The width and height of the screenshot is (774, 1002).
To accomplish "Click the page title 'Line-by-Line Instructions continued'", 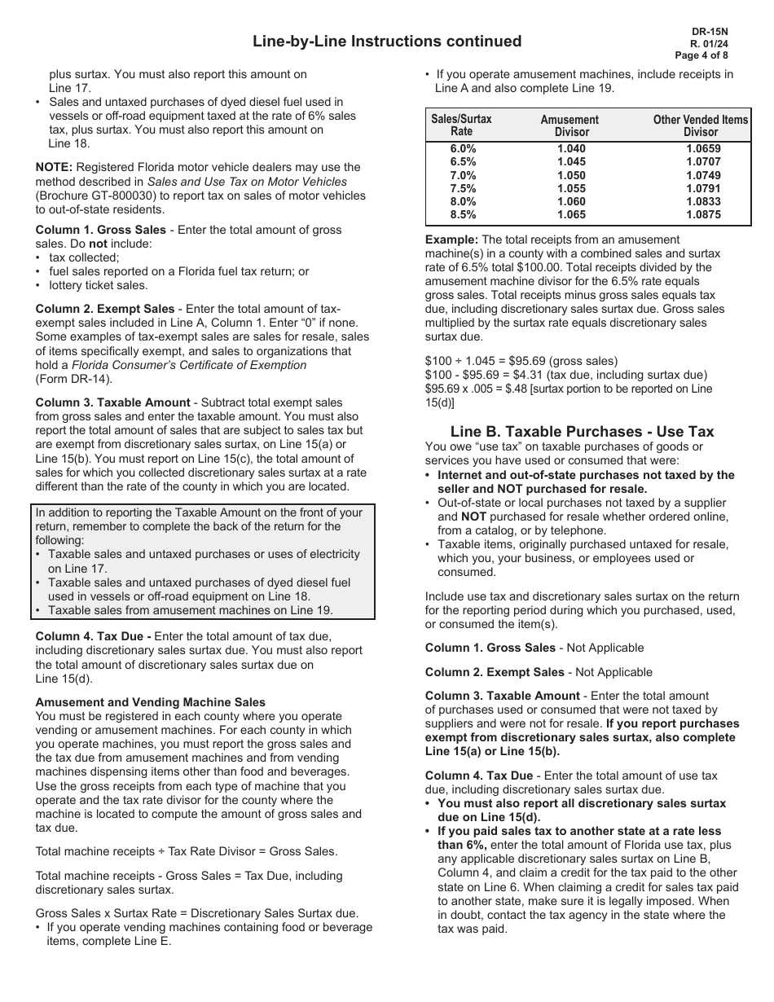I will click(387, 42).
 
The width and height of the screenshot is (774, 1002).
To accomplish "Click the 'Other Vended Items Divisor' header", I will click(700, 125).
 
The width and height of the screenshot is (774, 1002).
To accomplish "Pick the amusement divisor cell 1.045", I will click(571, 162).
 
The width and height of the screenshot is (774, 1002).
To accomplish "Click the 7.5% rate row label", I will click(462, 188).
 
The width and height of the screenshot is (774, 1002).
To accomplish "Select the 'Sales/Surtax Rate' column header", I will click(461, 125).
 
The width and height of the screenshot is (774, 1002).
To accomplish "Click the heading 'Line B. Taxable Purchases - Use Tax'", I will click(582, 432).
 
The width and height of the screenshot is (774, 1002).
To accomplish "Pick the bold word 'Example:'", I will click(451, 240).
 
